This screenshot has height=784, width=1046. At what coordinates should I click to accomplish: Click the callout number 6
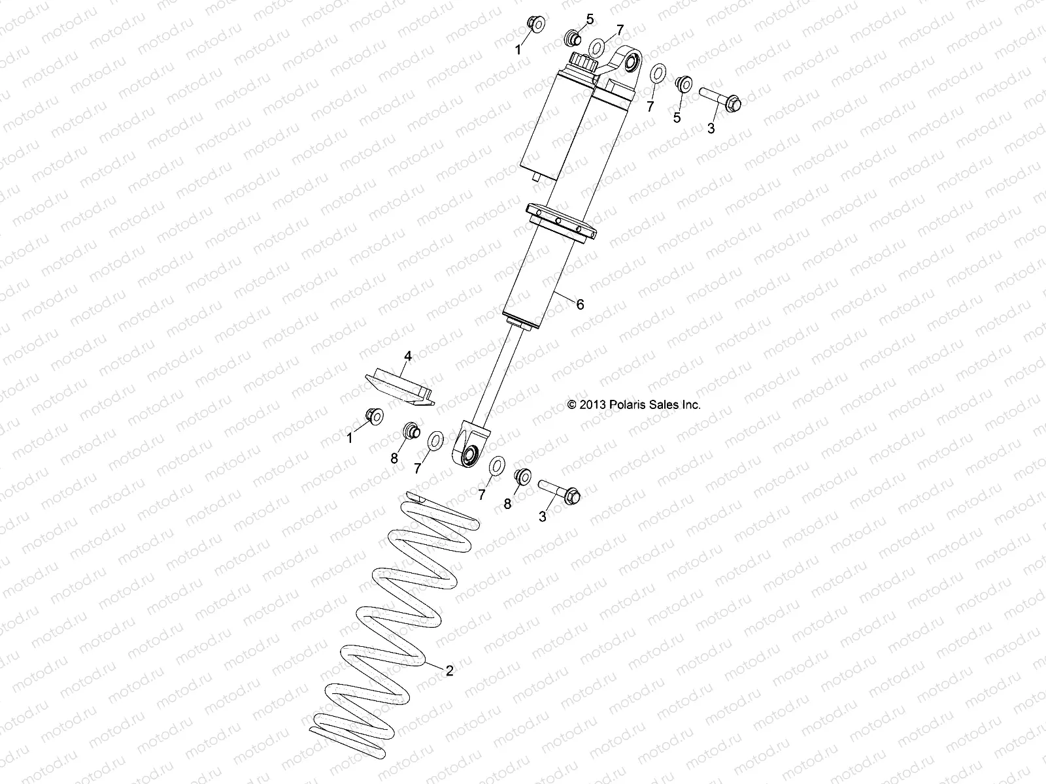pyautogui.click(x=579, y=304)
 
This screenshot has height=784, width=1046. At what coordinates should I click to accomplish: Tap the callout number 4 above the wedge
pyautogui.click(x=408, y=356)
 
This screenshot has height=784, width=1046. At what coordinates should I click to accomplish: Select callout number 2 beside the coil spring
pyautogui.click(x=449, y=670)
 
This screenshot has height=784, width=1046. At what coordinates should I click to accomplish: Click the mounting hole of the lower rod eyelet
pyautogui.click(x=470, y=455)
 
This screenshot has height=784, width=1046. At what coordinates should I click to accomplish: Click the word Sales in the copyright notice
pyautogui.click(x=666, y=405)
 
